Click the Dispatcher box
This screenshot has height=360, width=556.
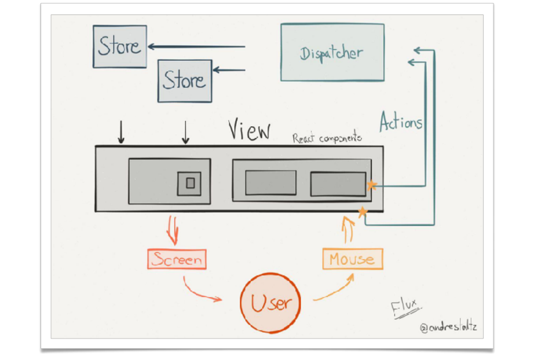coord(332,52)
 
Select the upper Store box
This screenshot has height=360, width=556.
coord(120,46)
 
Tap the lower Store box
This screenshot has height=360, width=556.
coord(185,80)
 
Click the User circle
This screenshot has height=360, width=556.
coord(270,302)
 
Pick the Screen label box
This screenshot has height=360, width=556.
coord(177,259)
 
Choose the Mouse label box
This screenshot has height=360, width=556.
coord(352,259)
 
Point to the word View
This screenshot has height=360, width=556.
coord(249,131)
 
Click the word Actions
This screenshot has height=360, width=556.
coord(401,122)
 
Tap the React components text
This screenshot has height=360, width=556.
coord(327,138)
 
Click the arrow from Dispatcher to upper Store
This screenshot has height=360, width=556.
coord(197,47)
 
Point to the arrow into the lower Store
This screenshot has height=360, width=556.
coord(229,71)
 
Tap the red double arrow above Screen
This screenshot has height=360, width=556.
coord(173,229)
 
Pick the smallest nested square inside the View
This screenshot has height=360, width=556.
coord(190,183)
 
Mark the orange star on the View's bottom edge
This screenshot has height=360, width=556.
coord(363,212)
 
